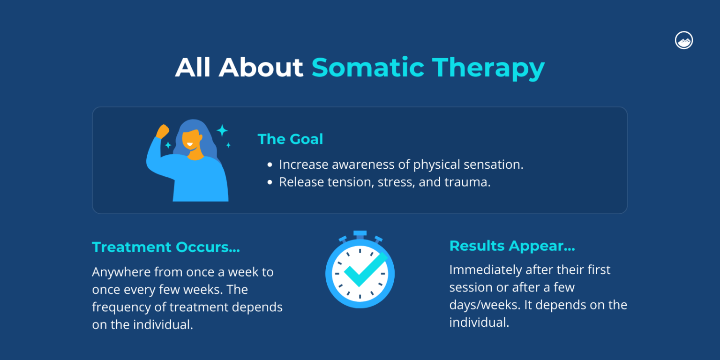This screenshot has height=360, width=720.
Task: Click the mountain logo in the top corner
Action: pyautogui.click(x=684, y=41)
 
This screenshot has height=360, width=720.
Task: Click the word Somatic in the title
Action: pyautogui.click(x=367, y=67)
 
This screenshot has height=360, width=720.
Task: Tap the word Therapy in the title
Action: pyautogui.click(x=488, y=68)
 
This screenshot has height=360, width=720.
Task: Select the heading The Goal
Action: pyautogui.click(x=290, y=139)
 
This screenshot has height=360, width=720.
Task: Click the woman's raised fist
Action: pyautogui.click(x=162, y=131)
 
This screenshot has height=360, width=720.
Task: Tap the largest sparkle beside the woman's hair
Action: pyautogui.click(x=222, y=130)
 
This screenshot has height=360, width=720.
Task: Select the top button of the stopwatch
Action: pyautogui.click(x=360, y=233)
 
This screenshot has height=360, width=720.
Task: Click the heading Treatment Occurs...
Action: pyautogui.click(x=165, y=247)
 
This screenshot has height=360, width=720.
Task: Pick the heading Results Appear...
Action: pyautogui.click(x=512, y=246)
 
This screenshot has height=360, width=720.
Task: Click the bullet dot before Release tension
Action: pyautogui.click(x=270, y=182)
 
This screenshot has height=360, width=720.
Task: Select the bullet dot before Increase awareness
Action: pyautogui.click(x=270, y=165)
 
